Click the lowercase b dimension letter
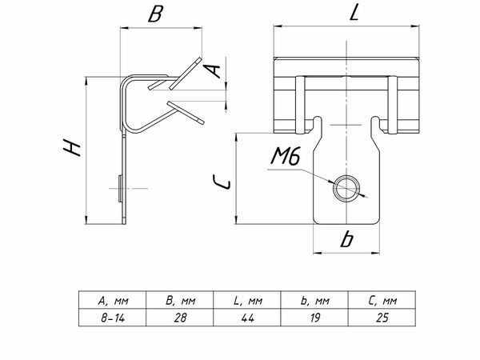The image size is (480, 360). click(x=346, y=239)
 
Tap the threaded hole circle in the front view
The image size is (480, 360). click(x=346, y=188)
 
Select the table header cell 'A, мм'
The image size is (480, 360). click(x=113, y=302)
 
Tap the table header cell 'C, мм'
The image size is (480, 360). click(x=382, y=302)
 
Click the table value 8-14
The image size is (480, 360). click(x=113, y=317)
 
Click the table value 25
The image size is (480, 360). click(x=382, y=317)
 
